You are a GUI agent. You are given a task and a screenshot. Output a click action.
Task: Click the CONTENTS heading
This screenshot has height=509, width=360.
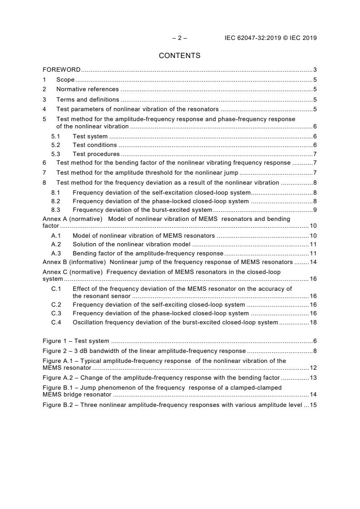(179, 56)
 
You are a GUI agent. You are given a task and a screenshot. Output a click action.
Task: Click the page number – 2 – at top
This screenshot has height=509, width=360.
(179, 38)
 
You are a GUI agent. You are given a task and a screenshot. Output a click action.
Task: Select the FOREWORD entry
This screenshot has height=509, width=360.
(62, 70)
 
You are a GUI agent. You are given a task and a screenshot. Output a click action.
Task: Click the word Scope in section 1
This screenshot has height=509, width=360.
(65, 80)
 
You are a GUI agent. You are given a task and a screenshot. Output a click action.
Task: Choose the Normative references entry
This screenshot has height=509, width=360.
(87, 89)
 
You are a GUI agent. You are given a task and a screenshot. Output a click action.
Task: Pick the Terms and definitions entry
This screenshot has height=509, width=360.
(88, 99)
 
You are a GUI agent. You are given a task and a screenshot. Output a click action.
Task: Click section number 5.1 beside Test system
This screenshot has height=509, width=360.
(55, 136)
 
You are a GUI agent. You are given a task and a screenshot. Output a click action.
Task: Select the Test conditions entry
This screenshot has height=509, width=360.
(94, 145)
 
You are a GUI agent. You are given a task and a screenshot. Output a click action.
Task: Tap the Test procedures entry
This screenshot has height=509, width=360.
(96, 154)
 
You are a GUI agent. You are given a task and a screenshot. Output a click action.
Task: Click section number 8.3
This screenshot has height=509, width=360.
(55, 210)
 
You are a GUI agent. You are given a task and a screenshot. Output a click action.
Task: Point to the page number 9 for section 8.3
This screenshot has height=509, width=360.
(315, 210)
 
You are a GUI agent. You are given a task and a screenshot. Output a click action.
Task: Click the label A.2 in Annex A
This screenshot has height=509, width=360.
(55, 245)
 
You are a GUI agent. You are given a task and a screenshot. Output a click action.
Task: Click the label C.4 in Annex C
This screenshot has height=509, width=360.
(56, 322)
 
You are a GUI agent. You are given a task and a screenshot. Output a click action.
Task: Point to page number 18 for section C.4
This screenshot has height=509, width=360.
(313, 322)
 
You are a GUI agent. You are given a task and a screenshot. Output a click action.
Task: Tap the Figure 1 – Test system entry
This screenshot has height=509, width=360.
(76, 341)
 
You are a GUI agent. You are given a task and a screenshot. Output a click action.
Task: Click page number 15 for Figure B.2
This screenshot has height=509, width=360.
(313, 405)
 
